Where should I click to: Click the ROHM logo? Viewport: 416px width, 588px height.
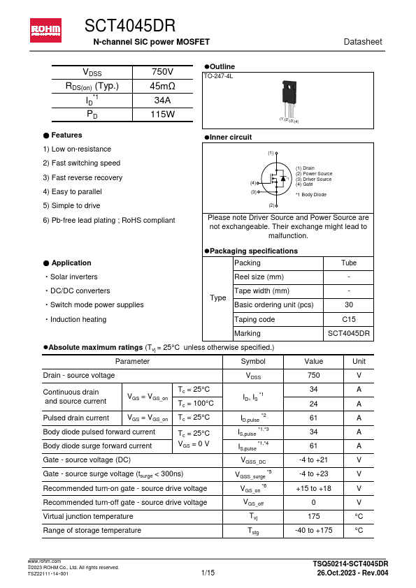click(45, 29)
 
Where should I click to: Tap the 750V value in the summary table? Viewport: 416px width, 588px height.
click(162, 73)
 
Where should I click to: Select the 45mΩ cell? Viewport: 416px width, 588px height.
click(162, 87)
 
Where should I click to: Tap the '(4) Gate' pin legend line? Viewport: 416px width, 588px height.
click(304, 184)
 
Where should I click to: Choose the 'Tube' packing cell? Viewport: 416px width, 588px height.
click(348, 263)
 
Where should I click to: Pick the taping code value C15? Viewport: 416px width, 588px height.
click(348, 319)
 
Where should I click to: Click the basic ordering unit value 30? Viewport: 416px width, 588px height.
click(348, 305)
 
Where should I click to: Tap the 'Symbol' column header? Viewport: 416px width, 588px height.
click(253, 362)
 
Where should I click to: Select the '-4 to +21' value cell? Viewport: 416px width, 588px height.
click(314, 460)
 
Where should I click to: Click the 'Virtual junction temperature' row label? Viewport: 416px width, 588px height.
click(88, 517)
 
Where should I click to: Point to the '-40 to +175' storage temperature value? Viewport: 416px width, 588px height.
click(314, 531)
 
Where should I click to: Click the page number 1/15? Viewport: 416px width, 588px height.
click(208, 573)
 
